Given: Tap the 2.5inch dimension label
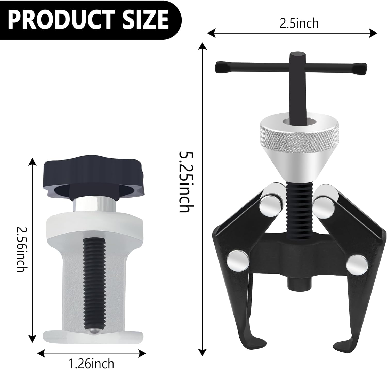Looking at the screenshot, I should pos(299,24).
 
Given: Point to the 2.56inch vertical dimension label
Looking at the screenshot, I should pos(21,249).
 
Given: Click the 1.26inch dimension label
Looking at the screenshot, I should pos(92,363).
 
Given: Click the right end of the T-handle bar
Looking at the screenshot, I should pos(361,68).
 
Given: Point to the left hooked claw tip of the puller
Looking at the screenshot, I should pos(259,344).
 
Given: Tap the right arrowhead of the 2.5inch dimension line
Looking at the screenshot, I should pos(374,33).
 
